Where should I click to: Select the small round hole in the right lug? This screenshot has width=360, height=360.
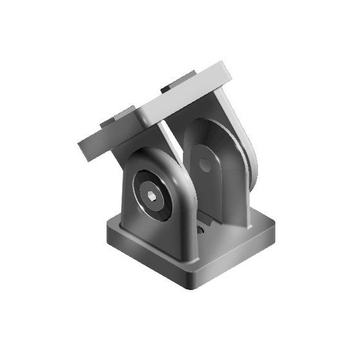(205, 165)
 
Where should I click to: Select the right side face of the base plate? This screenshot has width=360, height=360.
(237, 257)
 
